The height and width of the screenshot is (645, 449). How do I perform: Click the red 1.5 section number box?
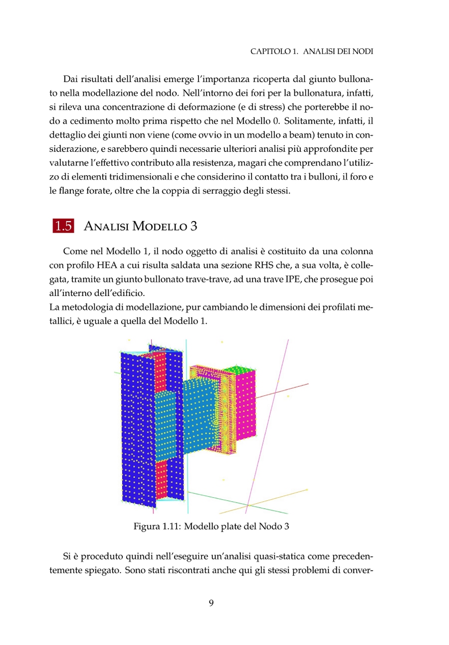(x=63, y=226)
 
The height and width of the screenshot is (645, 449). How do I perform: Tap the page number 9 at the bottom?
(x=211, y=603)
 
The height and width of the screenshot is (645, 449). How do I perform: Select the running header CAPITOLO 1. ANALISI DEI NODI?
(x=312, y=51)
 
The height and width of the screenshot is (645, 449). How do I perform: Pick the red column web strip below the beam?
(x=161, y=479)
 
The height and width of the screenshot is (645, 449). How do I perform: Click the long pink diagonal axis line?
(x=269, y=424)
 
